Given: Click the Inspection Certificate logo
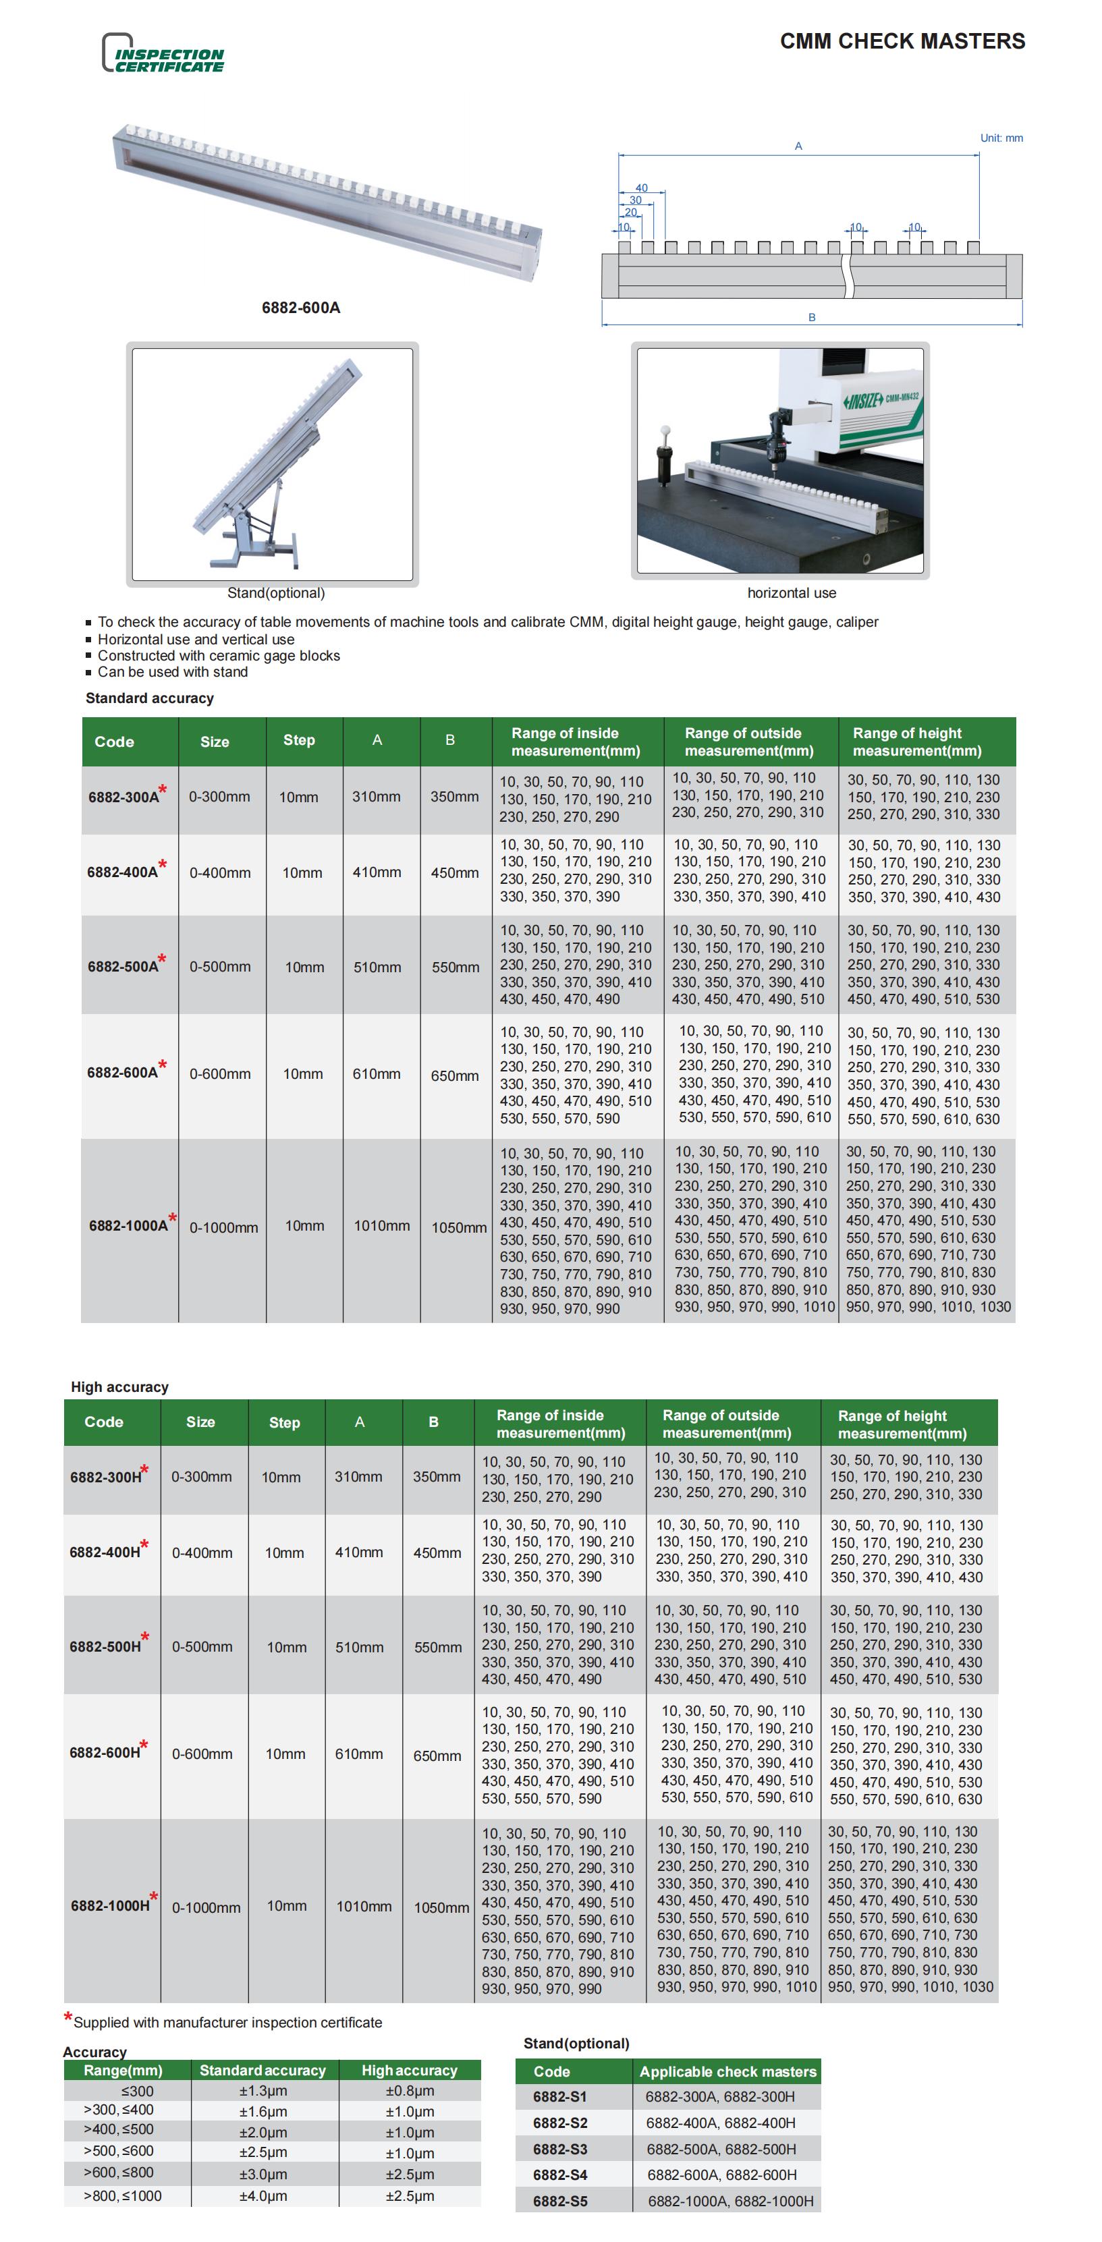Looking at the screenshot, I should point(163,54).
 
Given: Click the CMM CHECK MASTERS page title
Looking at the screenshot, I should point(902,41).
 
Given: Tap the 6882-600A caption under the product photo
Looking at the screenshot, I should point(300,307).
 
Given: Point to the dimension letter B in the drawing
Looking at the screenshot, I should point(811,318).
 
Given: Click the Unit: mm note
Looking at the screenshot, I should point(1001,138).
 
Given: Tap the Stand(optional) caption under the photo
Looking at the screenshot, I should point(276,592).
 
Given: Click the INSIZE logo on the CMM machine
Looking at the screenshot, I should point(862,401).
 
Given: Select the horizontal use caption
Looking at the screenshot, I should point(792,592).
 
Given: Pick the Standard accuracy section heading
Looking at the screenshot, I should point(149,698).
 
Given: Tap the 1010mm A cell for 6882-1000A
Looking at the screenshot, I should point(381,1225).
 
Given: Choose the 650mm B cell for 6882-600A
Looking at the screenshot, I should point(454,1075).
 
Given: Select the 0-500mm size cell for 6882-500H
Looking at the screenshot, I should point(202,1647).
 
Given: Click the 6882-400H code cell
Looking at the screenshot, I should point(105,1552).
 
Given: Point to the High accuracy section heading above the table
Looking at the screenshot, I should point(119,1386).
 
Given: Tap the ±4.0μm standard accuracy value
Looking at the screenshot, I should point(263,2196).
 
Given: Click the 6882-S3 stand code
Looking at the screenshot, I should point(559,2149).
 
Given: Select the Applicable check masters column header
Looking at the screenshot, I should point(727,2071).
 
